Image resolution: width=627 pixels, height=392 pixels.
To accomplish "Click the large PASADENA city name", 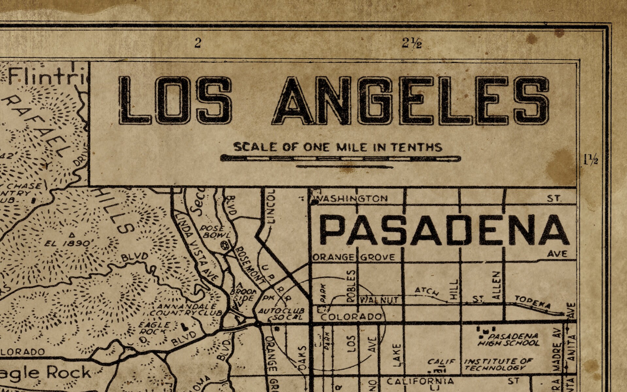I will point(444,230).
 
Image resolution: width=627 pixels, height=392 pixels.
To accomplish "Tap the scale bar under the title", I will point(340,159).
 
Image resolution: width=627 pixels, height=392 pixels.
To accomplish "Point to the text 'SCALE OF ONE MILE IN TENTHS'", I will point(338,147).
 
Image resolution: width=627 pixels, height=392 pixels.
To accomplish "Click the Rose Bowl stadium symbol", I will point(225,245).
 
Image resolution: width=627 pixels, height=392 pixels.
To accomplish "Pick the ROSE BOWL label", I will point(215,231).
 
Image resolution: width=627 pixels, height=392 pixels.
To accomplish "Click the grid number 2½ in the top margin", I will point(412,43).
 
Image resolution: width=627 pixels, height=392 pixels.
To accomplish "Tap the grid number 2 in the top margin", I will point(197,43).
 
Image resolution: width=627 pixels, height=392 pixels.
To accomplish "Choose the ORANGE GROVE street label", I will point(354,257).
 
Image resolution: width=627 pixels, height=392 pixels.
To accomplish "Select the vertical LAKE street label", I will point(396,355).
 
